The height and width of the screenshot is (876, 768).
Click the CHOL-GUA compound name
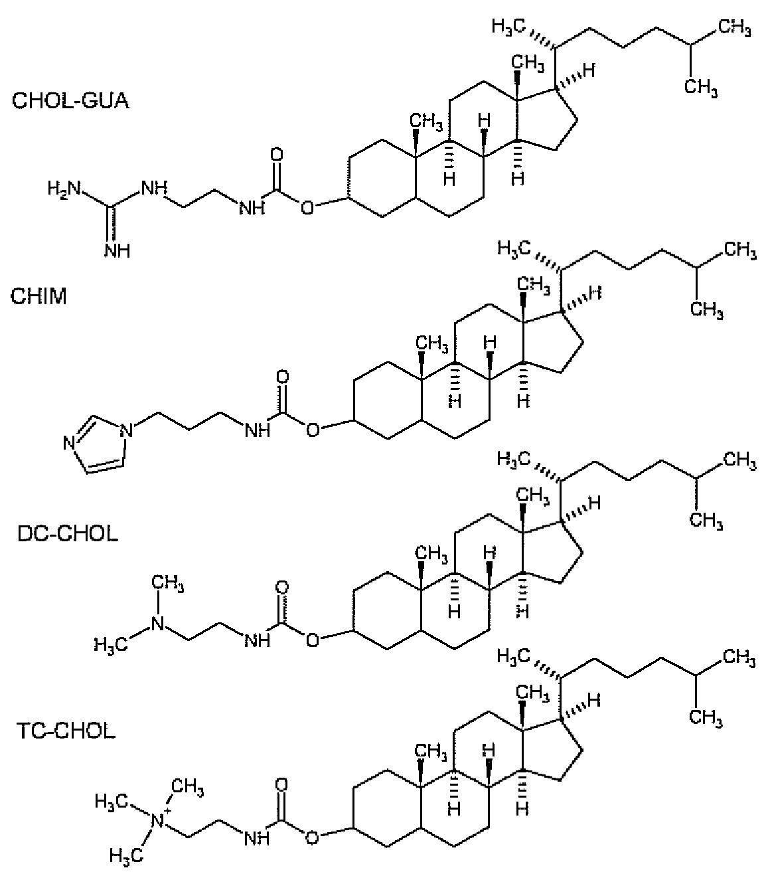70,101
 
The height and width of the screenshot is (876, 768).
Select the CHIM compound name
38,297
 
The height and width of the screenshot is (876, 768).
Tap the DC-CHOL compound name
68,534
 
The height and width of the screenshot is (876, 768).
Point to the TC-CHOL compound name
66,731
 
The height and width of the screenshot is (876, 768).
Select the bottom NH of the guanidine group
117,251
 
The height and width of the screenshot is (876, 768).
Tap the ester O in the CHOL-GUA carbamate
307,208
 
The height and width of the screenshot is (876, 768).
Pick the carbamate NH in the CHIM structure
258,430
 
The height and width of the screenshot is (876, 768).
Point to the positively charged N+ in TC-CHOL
159,820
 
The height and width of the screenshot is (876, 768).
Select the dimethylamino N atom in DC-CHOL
158,623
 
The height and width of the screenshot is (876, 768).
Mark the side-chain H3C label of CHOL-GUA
508,27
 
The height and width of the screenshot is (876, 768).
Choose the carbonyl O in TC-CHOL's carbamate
281,784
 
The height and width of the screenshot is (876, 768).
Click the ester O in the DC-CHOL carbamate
313,640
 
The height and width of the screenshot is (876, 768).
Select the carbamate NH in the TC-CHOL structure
257,838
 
